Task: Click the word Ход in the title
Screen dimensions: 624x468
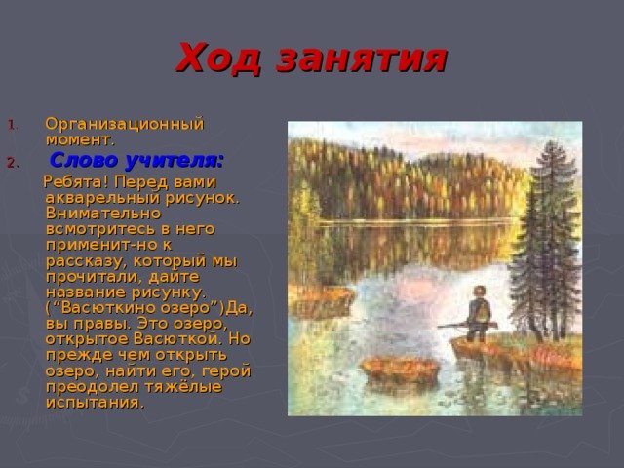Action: [218, 58]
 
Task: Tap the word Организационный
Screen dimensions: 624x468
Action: [125, 124]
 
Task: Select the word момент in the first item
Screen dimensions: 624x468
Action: [78, 140]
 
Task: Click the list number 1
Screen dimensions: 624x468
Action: [11, 125]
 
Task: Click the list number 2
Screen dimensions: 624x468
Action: [11, 163]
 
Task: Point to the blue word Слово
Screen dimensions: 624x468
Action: [85, 160]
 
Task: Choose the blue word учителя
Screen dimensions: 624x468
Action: [174, 161]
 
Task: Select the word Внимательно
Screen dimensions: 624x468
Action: [103, 214]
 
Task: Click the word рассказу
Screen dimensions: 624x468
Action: [87, 262]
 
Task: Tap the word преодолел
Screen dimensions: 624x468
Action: [92, 387]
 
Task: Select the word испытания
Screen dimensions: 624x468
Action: [94, 403]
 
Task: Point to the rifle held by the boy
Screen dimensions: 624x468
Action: [467, 326]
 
